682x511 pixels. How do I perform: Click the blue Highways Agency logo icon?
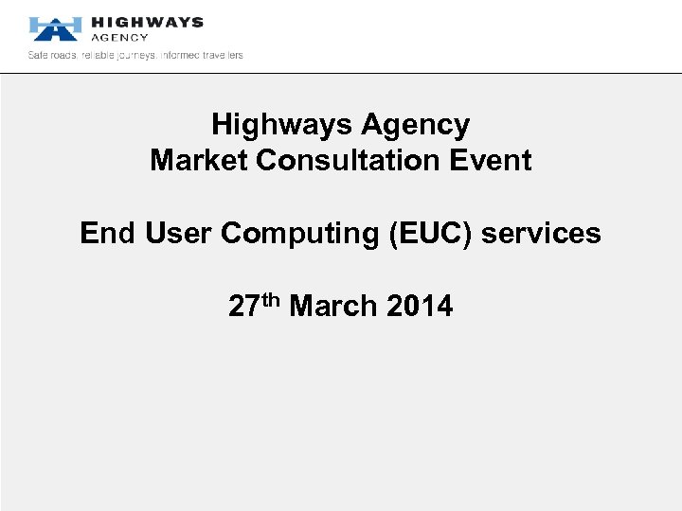(53, 28)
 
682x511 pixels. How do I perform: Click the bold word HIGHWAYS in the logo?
(147, 22)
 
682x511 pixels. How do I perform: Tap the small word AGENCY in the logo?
(119, 38)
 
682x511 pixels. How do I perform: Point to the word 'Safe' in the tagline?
(39, 55)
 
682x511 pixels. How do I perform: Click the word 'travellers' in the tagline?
(221, 55)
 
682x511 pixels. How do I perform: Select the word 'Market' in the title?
(199, 160)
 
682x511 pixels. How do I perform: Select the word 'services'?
(541, 233)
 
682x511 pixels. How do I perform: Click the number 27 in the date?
(243, 307)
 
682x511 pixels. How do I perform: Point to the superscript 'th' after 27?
(270, 300)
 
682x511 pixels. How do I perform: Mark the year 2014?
(421, 307)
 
